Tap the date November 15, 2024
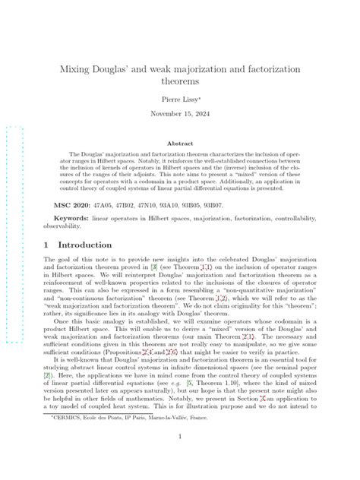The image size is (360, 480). (x=179, y=115)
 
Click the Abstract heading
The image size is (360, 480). (x=179, y=142)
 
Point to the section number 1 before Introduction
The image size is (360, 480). (x=48, y=245)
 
